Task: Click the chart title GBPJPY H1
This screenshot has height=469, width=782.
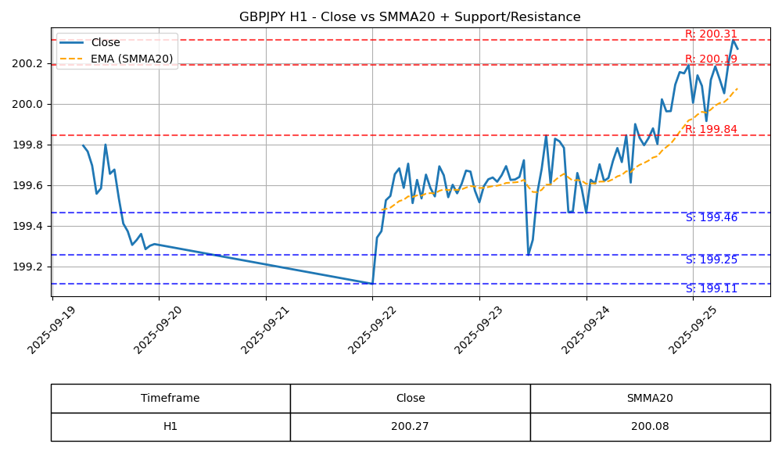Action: click(x=410, y=17)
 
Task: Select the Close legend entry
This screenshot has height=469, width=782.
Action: click(x=105, y=43)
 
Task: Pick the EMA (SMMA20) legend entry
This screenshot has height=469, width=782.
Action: click(x=131, y=59)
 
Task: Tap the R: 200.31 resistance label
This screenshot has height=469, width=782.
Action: click(x=711, y=34)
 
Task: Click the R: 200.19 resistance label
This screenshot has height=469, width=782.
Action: click(x=711, y=59)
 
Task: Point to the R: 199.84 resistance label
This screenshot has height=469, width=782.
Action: click(x=711, y=130)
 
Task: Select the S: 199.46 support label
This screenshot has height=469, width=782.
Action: click(x=711, y=218)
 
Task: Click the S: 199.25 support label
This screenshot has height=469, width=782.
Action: click(x=711, y=260)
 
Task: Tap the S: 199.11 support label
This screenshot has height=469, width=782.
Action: click(x=711, y=289)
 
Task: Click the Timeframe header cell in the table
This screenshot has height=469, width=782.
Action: click(x=170, y=399)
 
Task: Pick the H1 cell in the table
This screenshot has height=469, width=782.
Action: click(x=170, y=427)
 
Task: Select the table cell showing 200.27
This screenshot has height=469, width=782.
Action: click(x=410, y=427)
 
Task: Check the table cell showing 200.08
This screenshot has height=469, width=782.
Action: click(x=650, y=427)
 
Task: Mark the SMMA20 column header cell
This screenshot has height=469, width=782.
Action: click(x=650, y=399)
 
